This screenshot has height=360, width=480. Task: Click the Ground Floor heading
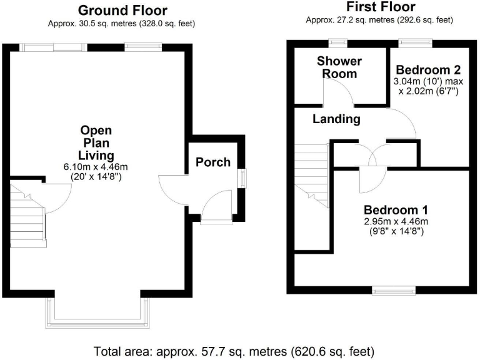click(122, 10)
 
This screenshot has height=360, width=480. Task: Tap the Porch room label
click(213, 162)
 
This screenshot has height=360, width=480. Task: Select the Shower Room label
click(339, 67)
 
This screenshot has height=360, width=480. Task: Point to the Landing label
click(336, 119)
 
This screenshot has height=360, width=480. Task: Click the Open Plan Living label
click(96, 142)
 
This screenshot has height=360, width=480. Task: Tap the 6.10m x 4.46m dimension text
click(96, 167)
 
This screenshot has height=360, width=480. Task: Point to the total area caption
click(234, 351)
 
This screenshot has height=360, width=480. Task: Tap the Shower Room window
click(339, 43)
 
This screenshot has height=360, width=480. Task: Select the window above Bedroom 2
click(416, 43)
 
